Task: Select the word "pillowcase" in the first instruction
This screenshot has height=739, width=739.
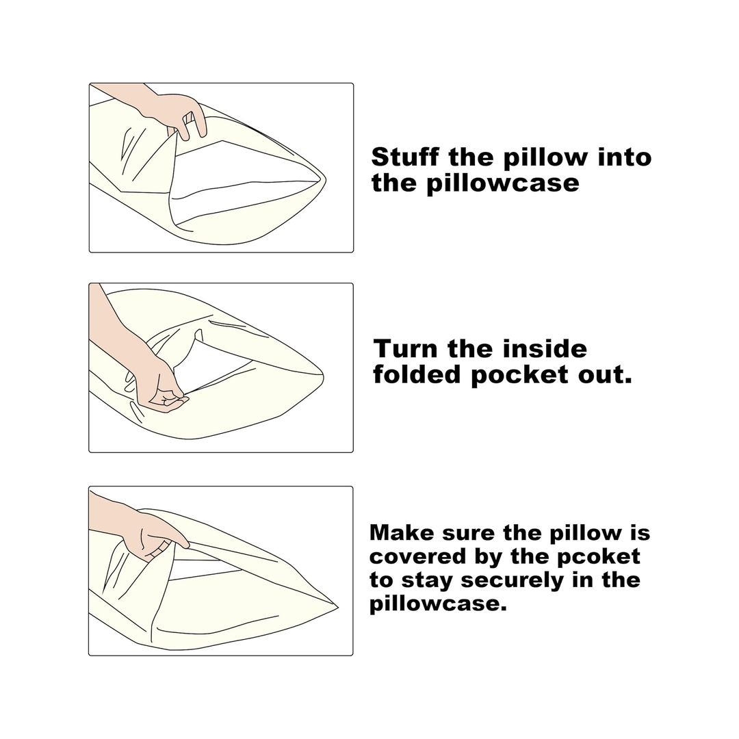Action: [x=502, y=183]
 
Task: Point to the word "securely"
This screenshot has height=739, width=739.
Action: [x=512, y=581]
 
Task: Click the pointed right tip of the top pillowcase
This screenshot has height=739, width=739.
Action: [x=326, y=180]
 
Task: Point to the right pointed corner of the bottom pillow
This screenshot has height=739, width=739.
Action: [x=338, y=606]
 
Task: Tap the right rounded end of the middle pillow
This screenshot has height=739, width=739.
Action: [x=323, y=375]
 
